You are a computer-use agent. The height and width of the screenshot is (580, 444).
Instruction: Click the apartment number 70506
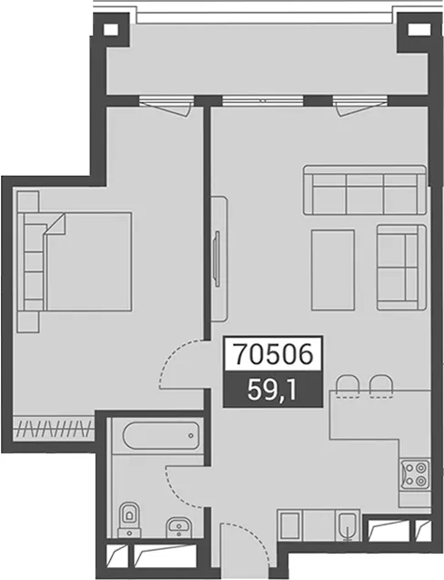(274, 354)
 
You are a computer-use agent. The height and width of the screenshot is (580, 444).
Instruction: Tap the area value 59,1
(272, 391)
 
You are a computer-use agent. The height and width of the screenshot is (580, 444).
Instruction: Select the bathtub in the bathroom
(161, 436)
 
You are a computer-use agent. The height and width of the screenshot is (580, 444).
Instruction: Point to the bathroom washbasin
(179, 527)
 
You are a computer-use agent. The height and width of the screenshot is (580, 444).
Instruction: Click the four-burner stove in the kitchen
(415, 474)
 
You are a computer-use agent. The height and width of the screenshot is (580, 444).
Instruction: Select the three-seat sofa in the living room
(365, 190)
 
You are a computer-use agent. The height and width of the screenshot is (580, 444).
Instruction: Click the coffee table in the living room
(333, 270)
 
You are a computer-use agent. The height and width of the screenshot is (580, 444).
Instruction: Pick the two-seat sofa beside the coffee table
(401, 267)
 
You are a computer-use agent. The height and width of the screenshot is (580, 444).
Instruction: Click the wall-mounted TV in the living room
(217, 259)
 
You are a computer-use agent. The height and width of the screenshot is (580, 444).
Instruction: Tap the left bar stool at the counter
(348, 387)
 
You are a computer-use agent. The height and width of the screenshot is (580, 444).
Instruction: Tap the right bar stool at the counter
(381, 387)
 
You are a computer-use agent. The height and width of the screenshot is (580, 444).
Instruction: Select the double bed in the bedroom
(75, 261)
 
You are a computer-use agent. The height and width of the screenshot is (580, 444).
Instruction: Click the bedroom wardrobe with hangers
(54, 429)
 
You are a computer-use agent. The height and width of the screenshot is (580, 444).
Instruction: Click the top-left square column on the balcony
(110, 29)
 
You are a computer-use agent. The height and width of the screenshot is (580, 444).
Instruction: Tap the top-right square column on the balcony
(416, 29)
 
